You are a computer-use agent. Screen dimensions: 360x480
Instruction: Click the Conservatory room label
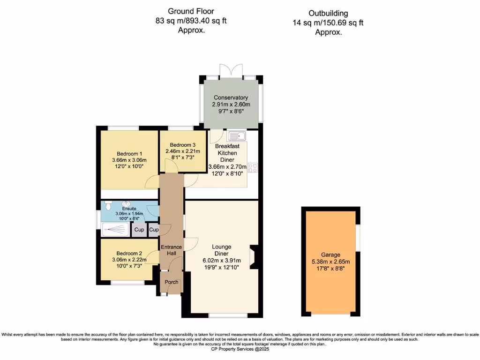(231, 97)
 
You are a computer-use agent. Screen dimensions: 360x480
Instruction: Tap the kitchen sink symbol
(237, 136)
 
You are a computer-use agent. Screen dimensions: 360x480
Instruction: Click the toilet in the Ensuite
(108, 205)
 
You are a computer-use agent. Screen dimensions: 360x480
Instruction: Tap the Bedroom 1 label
(129, 154)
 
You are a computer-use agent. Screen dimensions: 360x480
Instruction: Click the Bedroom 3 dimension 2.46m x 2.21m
(183, 151)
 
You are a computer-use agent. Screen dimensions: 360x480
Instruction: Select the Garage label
(330, 255)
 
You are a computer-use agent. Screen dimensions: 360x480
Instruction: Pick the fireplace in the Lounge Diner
(254, 257)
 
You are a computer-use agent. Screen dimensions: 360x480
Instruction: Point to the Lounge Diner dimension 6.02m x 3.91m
(222, 261)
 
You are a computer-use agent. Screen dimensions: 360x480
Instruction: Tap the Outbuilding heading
(328, 14)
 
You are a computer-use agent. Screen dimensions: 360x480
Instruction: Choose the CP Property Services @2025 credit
(240, 349)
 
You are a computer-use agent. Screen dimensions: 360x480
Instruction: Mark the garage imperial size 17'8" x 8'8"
(330, 269)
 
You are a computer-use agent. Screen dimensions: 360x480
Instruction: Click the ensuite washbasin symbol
(126, 204)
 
